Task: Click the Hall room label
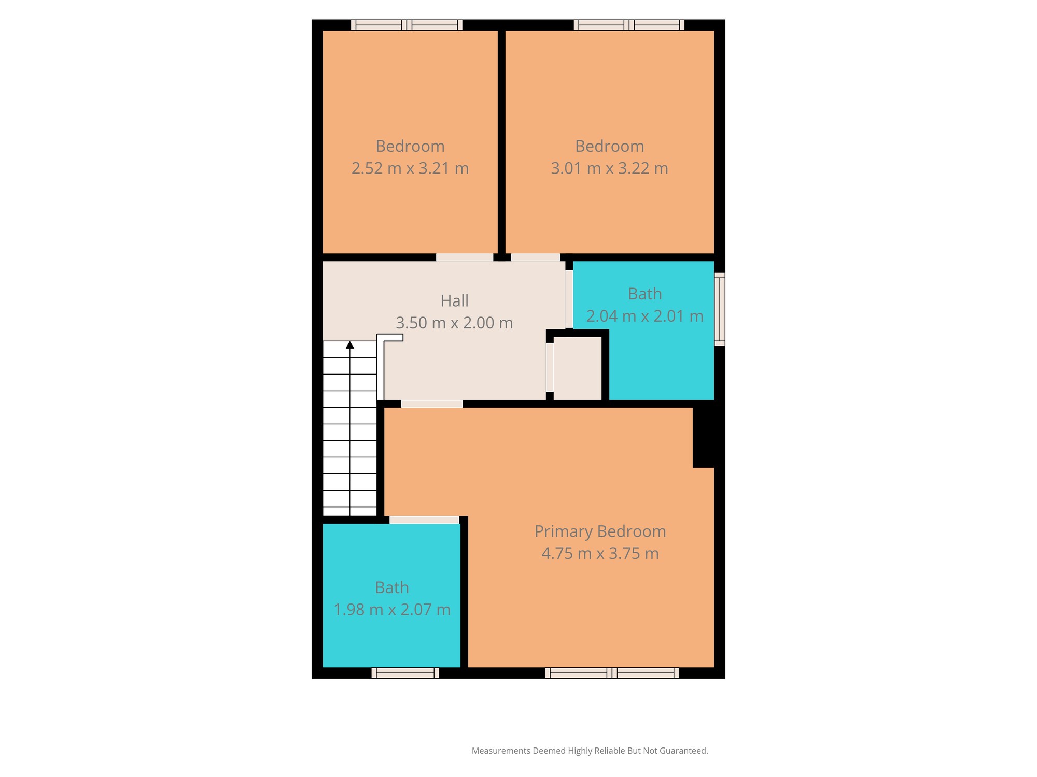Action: tap(454, 301)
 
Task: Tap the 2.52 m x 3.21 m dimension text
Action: tap(410, 168)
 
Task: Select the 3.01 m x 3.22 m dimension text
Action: tap(609, 168)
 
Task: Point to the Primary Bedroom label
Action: tap(600, 531)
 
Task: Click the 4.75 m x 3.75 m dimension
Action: tap(600, 553)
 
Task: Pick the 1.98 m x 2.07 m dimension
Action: tap(392, 610)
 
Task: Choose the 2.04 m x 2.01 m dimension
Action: tap(644, 316)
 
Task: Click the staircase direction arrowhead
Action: tap(350, 345)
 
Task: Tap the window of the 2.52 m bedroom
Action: tap(407, 25)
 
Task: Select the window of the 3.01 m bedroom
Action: tap(629, 25)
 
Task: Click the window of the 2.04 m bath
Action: tap(720, 309)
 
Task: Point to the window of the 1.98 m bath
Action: tap(405, 673)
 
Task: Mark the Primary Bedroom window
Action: tap(612, 673)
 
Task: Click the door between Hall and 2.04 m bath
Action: tap(569, 299)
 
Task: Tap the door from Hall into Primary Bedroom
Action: tap(432, 404)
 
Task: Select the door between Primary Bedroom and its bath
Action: tap(424, 520)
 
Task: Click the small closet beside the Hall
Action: tap(578, 368)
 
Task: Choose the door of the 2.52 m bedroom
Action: tap(465, 257)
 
